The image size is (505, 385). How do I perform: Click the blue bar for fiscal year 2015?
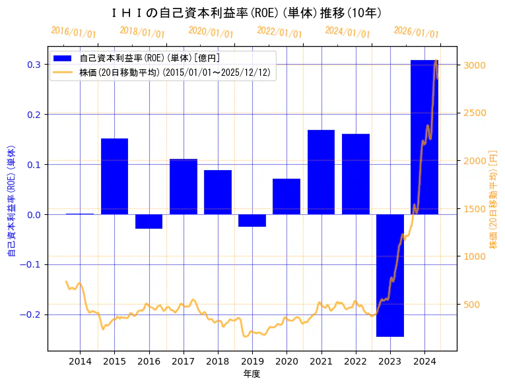click(x=114, y=176)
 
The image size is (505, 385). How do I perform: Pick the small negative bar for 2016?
click(x=149, y=222)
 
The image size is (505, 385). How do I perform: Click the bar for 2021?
click(x=321, y=172)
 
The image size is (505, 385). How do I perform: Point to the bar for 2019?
click(x=252, y=220)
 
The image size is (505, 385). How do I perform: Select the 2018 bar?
click(x=218, y=192)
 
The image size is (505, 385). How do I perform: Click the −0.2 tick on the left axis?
click(x=31, y=314)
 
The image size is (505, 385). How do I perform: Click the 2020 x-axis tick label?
click(x=286, y=361)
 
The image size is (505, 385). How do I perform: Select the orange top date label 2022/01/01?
click(x=279, y=32)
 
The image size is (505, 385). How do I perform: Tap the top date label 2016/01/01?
click(x=73, y=32)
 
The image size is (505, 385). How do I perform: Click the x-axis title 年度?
click(x=252, y=374)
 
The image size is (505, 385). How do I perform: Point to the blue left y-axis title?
click(x=11, y=200)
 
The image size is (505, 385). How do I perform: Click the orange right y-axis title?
click(x=493, y=200)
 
